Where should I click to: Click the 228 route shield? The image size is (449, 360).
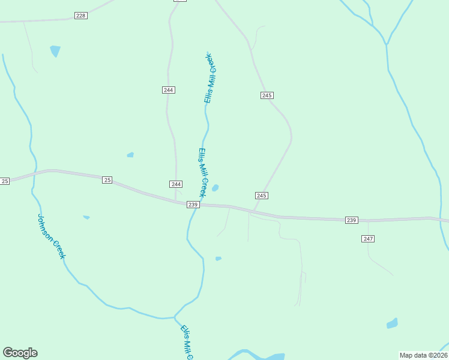[81, 16]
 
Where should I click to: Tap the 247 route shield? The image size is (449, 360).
[368, 239]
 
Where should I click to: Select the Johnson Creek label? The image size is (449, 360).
[51, 236]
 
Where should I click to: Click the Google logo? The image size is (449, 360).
[20, 353]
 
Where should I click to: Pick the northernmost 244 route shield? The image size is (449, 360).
[168, 90]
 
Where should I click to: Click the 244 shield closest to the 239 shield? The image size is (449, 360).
[175, 184]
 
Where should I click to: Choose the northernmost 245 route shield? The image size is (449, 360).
[267, 95]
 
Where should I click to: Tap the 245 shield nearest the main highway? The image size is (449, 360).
[261, 196]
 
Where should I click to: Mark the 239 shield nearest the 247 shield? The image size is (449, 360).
[352, 221]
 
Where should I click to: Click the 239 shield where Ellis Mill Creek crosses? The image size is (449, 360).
[193, 205]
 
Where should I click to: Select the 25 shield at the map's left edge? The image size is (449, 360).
[5, 181]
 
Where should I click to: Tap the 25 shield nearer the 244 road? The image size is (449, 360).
[107, 180]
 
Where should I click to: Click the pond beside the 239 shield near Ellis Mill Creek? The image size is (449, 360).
[215, 188]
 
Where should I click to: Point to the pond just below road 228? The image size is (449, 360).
[55, 51]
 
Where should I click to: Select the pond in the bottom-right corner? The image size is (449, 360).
[392, 323]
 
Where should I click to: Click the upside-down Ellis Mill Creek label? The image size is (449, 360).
[209, 78]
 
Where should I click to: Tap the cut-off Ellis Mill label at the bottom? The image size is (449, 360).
[187, 343]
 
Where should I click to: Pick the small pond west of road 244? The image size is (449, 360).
[130, 155]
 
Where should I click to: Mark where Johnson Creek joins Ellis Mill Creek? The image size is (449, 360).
[175, 316]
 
